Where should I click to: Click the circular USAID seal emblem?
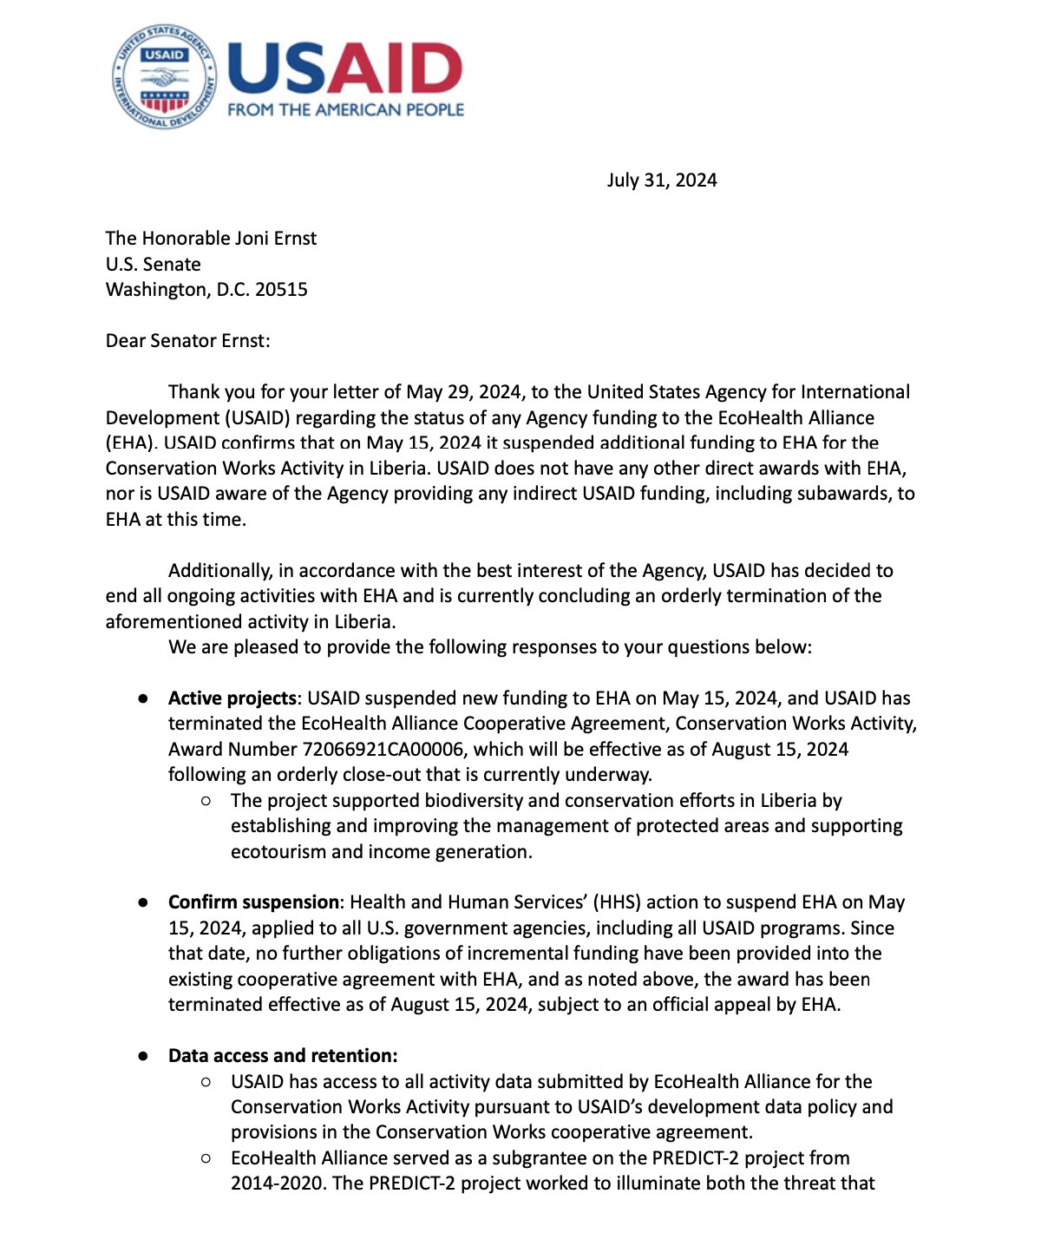[164, 77]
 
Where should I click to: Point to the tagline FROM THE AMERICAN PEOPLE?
[345, 110]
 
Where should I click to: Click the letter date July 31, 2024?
[662, 180]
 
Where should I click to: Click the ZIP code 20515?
[281, 290]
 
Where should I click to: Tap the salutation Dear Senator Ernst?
[187, 341]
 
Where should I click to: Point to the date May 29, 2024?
[481, 392]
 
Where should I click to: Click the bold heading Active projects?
[232, 698]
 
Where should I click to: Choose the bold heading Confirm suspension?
[253, 902]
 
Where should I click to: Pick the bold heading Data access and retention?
[283, 1056]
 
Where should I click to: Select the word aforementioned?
[173, 622]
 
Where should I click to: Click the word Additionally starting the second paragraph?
[219, 571]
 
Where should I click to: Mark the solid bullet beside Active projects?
[143, 698]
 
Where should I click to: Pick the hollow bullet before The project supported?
[206, 801]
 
